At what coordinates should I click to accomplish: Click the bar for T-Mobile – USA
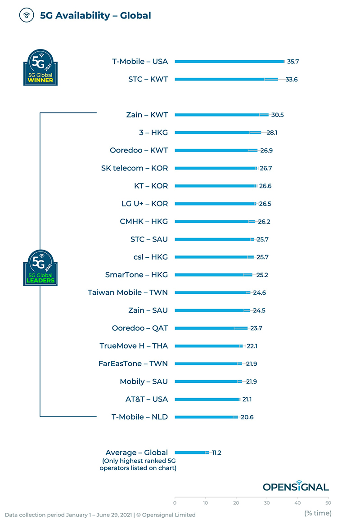click(229, 62)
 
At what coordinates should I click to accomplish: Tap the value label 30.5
click(277, 115)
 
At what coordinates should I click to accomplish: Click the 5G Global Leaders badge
click(40, 268)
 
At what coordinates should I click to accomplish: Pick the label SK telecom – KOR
click(134, 168)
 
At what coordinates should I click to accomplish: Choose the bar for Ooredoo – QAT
click(211, 328)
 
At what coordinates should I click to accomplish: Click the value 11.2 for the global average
click(216, 453)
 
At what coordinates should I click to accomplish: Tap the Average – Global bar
click(192, 453)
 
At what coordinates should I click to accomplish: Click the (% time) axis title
click(318, 513)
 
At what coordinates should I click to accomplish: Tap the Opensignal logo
click(296, 486)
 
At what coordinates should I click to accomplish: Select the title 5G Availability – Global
click(95, 16)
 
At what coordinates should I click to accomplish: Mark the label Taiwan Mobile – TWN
click(128, 292)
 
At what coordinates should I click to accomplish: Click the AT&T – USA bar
click(207, 399)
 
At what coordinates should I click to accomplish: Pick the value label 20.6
click(247, 417)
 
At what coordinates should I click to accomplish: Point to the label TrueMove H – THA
click(133, 346)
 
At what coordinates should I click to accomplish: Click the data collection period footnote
click(100, 515)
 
